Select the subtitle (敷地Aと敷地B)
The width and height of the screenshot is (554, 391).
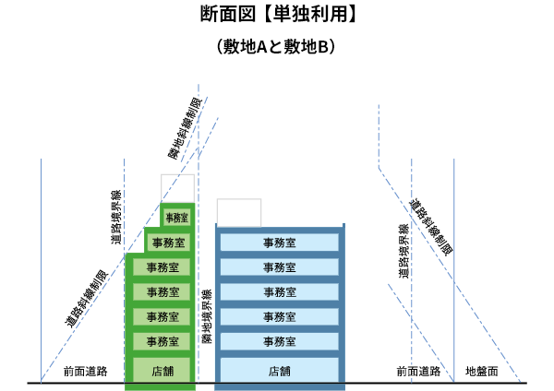(277, 45)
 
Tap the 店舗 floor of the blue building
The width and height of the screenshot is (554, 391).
(279, 371)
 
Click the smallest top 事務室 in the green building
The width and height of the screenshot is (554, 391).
(176, 218)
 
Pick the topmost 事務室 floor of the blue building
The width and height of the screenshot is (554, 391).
(279, 243)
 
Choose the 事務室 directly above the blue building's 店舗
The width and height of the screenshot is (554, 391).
(279, 341)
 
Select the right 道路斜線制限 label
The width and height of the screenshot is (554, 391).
(430, 226)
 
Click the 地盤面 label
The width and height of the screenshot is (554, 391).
(481, 371)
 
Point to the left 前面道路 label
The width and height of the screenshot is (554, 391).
(85, 371)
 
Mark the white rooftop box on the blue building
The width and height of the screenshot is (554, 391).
(238, 211)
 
